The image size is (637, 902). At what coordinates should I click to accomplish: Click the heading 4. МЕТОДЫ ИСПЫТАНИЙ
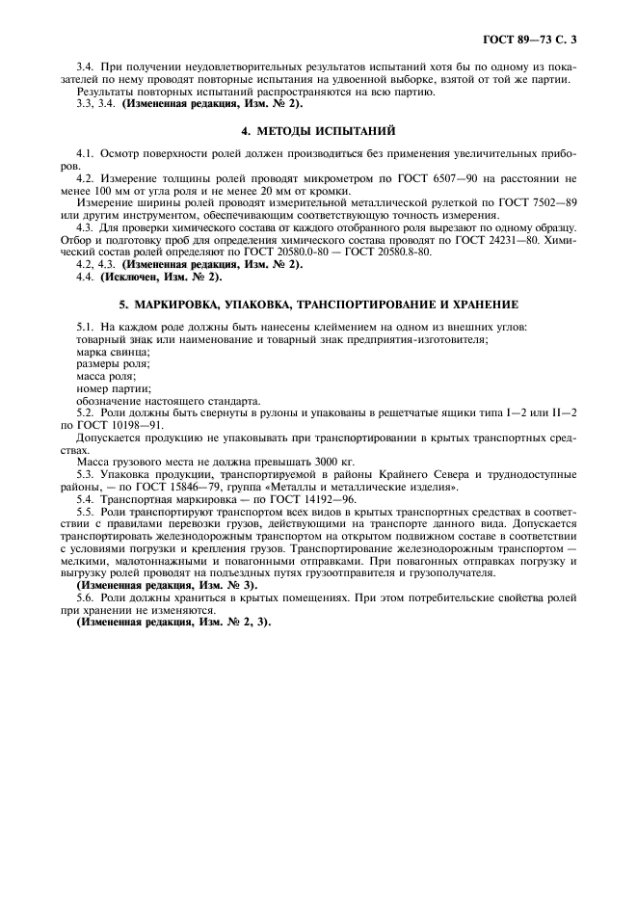[x=317, y=130]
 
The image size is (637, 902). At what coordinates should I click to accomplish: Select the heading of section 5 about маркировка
[x=317, y=303]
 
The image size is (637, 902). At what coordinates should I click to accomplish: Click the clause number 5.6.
[x=85, y=597]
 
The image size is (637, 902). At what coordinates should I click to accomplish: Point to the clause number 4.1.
[x=85, y=154]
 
